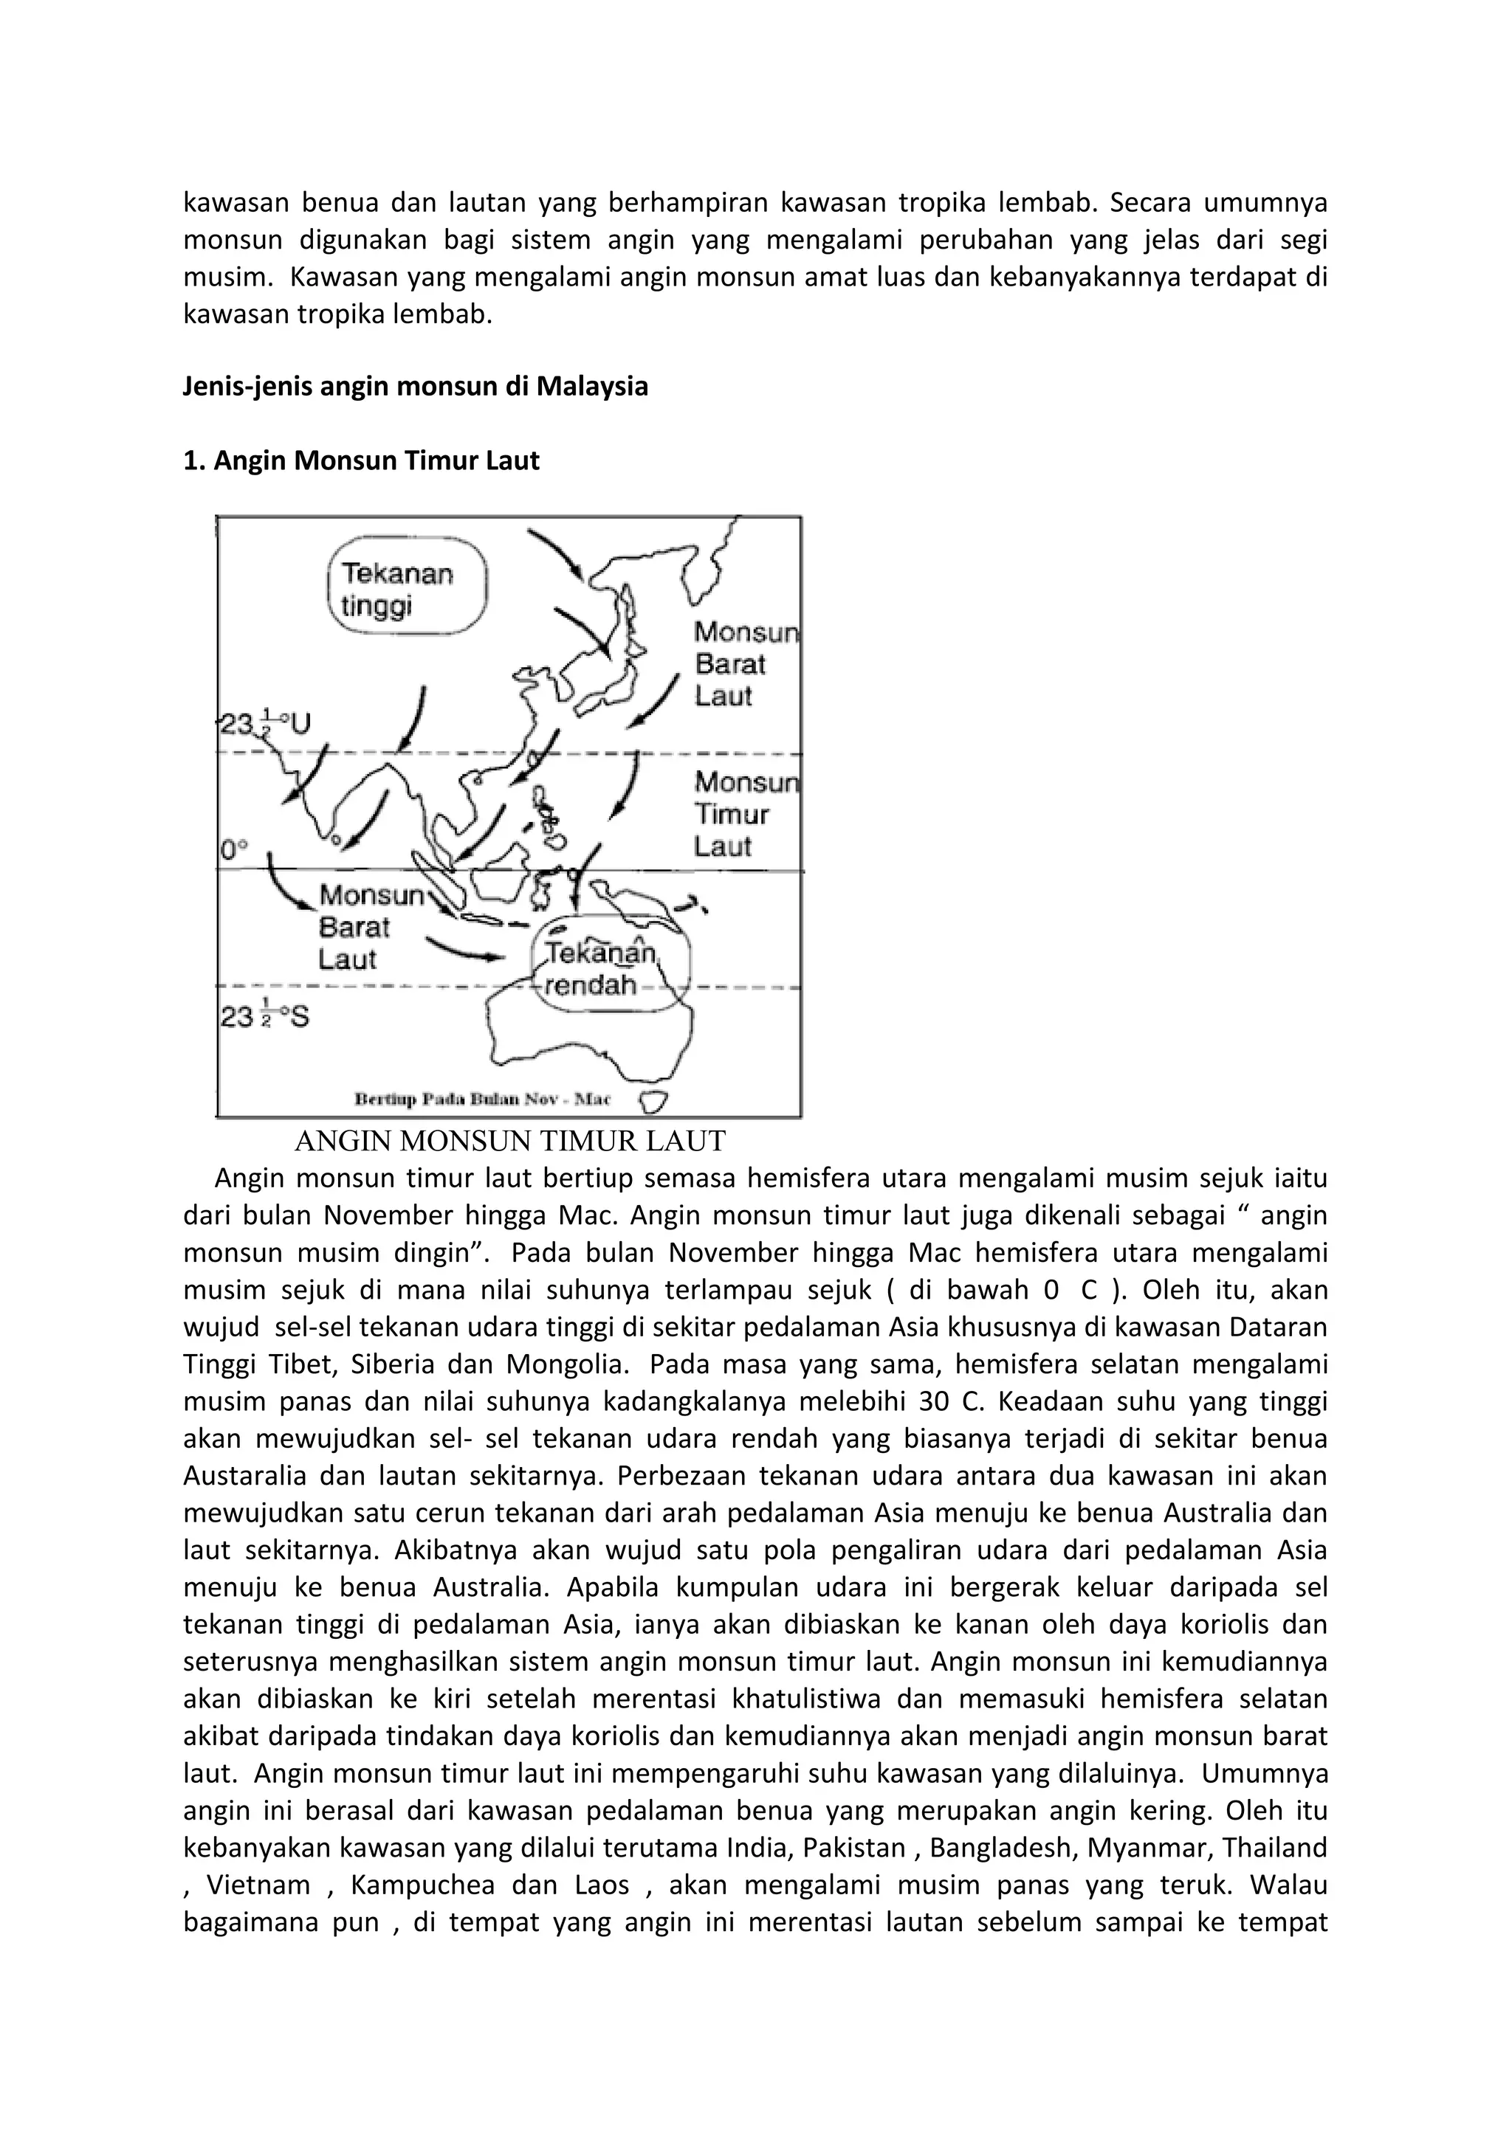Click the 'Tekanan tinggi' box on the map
coord(408,587)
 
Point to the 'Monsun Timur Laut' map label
coord(745,815)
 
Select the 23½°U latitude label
coord(264,722)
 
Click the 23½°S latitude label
coord(264,1016)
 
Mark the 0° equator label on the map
coord(234,850)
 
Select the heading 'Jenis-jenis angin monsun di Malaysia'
coord(415,386)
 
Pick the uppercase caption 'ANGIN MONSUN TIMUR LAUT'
coord(509,1141)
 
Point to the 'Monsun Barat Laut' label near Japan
coord(745,665)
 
